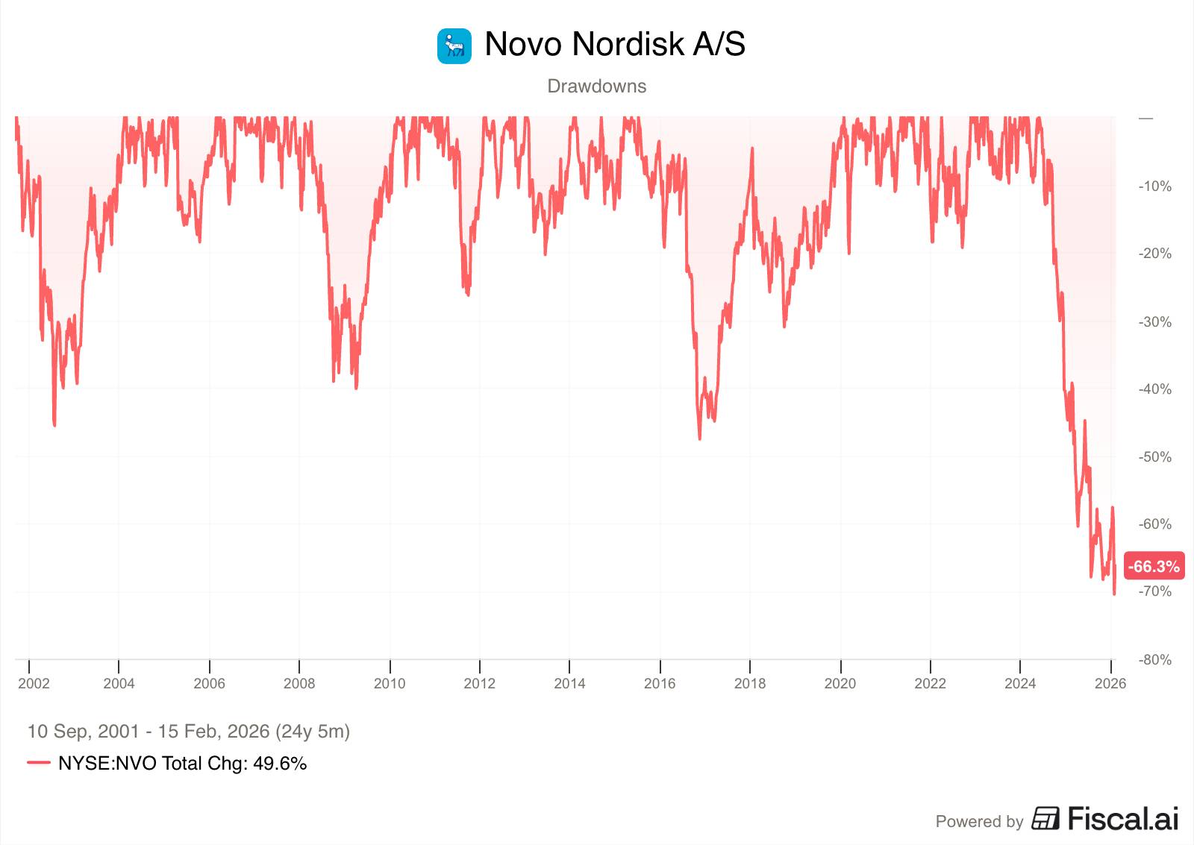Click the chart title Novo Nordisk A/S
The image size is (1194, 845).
pos(615,44)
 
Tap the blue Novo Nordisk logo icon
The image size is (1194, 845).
pos(454,46)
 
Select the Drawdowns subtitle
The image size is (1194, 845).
pos(597,87)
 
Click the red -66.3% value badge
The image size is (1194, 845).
pos(1154,567)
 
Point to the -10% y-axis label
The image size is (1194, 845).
pos(1154,186)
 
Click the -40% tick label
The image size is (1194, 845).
pos(1154,389)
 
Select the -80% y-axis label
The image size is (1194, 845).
pos(1154,660)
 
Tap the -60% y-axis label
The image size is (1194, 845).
pos(1154,524)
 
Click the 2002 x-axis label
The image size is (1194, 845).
pos(34,683)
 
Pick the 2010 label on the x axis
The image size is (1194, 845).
pos(390,683)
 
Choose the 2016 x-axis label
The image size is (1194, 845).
pos(660,683)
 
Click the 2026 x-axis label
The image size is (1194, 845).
pos(1110,683)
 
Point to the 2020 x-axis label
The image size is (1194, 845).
pos(840,683)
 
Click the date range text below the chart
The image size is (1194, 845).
pos(189,731)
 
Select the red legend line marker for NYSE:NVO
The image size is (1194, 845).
pos(39,763)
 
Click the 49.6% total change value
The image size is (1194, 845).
pos(280,764)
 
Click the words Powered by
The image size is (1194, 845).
pos(979,822)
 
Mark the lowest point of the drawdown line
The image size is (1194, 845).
pos(1114,594)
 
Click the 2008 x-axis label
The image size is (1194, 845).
pos(299,683)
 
